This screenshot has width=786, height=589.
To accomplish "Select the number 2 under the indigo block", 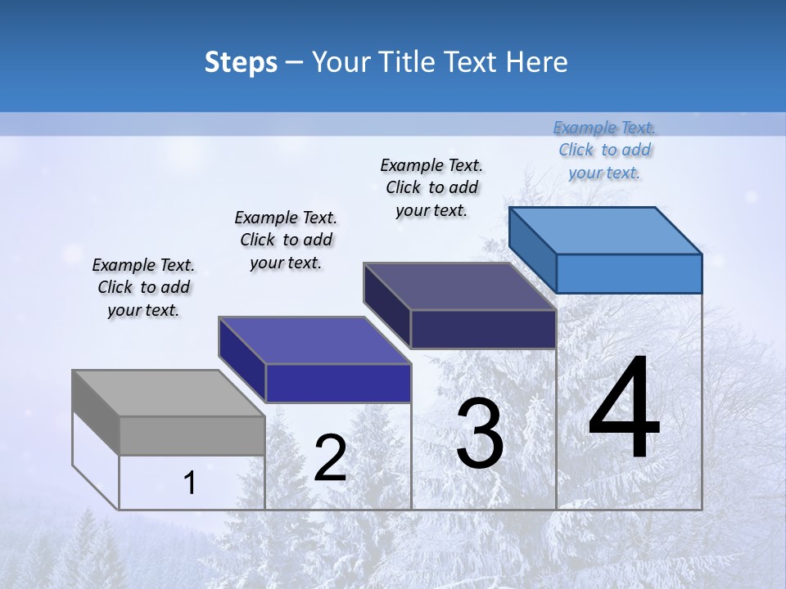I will pyautogui.click(x=330, y=457).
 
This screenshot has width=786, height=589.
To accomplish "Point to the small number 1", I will pyautogui.click(x=189, y=483).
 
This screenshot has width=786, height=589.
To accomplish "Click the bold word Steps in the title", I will pyautogui.click(x=241, y=61).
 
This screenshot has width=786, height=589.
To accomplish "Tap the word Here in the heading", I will pyautogui.click(x=537, y=61).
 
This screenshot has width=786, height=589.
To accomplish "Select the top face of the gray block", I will pyautogui.click(x=168, y=393).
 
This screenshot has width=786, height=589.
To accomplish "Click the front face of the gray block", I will pyautogui.click(x=192, y=435).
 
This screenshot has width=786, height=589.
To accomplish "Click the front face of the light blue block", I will pyautogui.click(x=629, y=273).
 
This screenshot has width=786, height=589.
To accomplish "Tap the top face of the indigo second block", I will pyautogui.click(x=314, y=340).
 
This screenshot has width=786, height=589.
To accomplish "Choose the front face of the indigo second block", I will pyautogui.click(x=338, y=383).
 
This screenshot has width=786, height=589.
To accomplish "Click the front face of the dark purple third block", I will pyautogui.click(x=483, y=329).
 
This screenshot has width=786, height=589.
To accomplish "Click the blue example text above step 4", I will pyautogui.click(x=604, y=150).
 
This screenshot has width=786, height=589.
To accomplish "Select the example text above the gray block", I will pyautogui.click(x=143, y=287).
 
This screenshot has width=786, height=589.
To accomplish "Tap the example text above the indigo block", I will pyautogui.click(x=286, y=240).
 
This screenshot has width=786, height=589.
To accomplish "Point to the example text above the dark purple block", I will pyautogui.click(x=431, y=187).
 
